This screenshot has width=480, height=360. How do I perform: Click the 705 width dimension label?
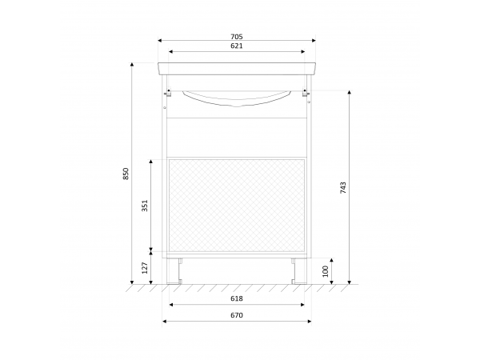tap(237, 37)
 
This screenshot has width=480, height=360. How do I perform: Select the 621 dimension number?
tap(237, 46)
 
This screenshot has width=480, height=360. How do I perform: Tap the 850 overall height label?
tap(126, 174)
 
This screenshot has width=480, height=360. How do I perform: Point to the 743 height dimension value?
tap(343, 188)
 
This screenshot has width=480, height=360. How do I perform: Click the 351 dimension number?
tap(145, 206)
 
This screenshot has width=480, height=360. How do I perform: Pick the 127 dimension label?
tap(145, 268)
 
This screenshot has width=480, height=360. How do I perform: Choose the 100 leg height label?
tap(326, 271)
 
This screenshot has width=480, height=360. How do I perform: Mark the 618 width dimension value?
tap(237, 298)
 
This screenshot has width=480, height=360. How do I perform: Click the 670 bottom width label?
tap(237, 315)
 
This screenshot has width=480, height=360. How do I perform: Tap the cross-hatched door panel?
tap(237, 206)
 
